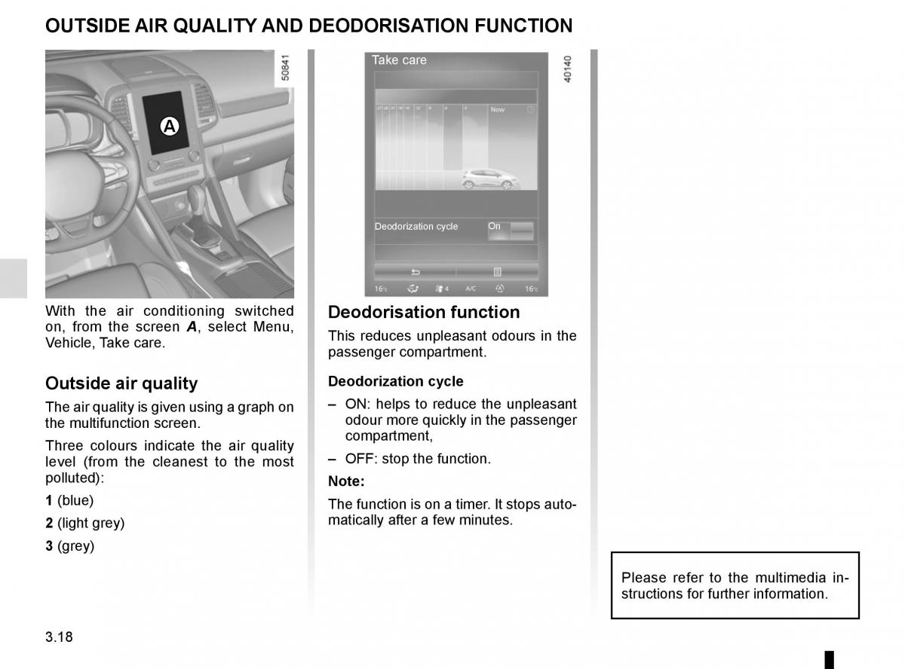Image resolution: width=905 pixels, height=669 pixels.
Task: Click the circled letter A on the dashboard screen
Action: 170,126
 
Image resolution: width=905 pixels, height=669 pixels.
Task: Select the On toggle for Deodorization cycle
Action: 510,230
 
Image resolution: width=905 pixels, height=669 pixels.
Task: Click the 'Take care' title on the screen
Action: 399,60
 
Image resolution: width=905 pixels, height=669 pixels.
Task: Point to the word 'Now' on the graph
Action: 498,110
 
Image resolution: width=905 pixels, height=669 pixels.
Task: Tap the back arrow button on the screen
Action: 415,272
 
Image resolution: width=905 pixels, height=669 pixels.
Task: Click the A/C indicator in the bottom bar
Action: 471,289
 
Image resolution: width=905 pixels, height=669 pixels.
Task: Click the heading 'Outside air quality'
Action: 121,383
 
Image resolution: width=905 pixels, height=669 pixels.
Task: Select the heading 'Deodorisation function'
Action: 424,312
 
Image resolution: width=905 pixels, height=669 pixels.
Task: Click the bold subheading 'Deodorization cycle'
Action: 396,381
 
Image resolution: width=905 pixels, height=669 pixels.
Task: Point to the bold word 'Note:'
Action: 346,481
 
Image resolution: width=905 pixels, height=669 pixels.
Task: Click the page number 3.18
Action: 59,637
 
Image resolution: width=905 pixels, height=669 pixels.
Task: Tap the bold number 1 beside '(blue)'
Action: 49,500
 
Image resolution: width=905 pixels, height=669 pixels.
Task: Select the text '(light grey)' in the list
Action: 91,523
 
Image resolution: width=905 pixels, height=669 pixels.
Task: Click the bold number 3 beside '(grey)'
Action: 49,546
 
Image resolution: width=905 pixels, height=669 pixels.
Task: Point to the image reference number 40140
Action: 568,69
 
